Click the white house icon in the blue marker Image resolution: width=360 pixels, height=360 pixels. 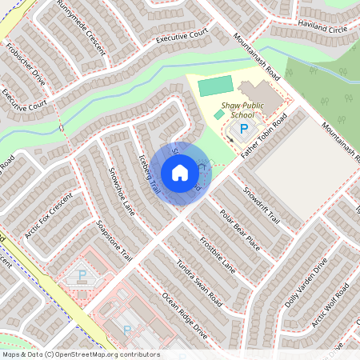click(x=180, y=172)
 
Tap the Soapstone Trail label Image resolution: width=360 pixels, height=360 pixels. click(x=113, y=239)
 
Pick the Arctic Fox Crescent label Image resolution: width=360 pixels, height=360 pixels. click(x=49, y=215)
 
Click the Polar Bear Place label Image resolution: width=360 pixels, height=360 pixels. click(x=240, y=230)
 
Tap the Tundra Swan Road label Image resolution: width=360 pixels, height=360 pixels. click(x=198, y=277)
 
